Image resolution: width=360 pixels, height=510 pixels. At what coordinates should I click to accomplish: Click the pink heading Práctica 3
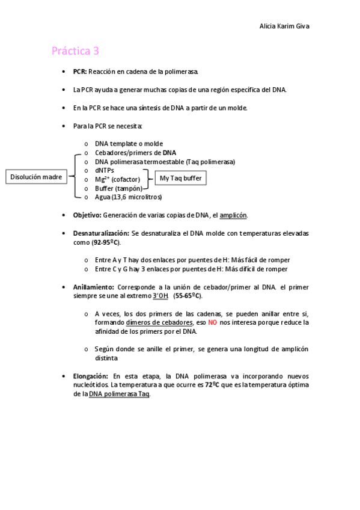pos(75,51)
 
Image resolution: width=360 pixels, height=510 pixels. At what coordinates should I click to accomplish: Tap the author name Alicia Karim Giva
pos(284,26)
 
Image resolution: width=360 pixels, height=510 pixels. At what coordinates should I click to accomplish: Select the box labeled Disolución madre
pos(37,177)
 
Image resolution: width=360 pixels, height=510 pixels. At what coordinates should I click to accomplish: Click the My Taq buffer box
pos(180,178)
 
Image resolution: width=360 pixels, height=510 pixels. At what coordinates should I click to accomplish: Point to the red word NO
pos(213,322)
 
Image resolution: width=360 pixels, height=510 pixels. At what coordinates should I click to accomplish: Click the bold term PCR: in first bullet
pos(80,72)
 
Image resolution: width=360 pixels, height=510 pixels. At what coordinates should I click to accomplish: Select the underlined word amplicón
pos(233,215)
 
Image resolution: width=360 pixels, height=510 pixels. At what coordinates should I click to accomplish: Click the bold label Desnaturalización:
pos(101,233)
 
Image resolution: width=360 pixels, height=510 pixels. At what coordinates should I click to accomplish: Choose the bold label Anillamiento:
pos(94,287)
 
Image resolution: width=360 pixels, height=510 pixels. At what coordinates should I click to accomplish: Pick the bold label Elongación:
pos(91,376)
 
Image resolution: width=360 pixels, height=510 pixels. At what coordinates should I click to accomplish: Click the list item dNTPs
pos(105,170)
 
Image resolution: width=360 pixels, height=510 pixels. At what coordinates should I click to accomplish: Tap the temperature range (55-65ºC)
pos(188,296)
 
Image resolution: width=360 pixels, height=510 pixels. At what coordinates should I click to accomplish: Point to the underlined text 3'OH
pos(160,296)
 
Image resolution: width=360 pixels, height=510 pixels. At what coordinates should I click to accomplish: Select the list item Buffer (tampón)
pos(118,188)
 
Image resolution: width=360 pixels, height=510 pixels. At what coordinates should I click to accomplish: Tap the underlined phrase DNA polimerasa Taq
pos(119,394)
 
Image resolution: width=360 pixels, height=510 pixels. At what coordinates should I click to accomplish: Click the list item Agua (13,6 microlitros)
pos(128,197)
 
